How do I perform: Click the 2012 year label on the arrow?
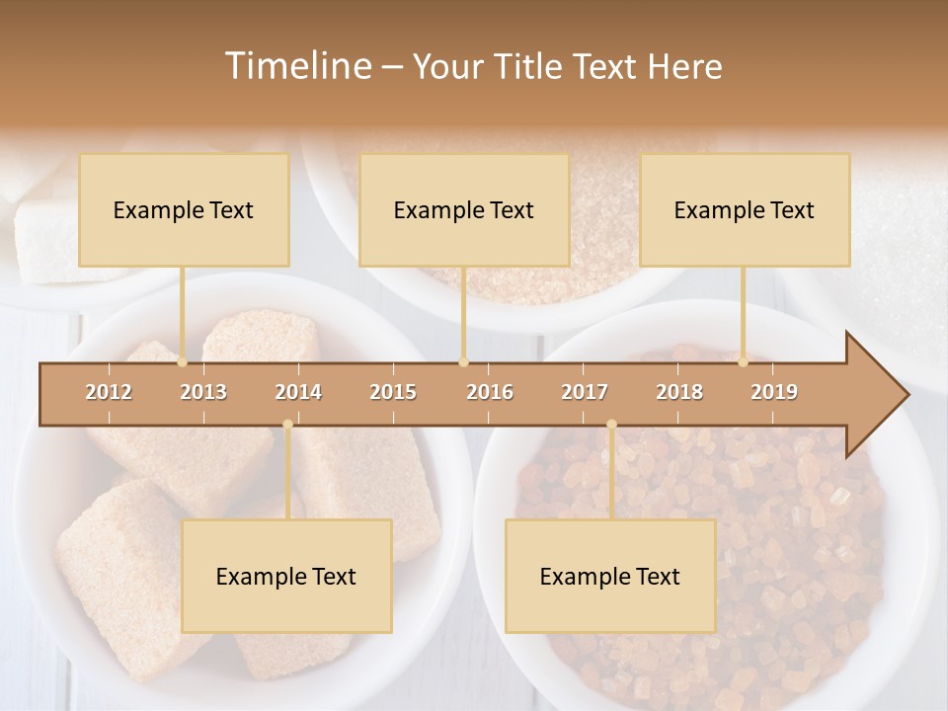pos(109,392)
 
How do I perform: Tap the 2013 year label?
pos(203,392)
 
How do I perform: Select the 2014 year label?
pos(298,392)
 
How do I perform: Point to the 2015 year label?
pos(393,392)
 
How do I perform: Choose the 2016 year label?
pos(490,392)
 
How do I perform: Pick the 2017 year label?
pos(585,392)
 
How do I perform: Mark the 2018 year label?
pos(679,392)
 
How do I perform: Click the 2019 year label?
pos(774,392)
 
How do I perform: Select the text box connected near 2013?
pos(184,210)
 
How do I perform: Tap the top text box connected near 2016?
pos(464,210)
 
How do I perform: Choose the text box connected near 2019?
pos(745,210)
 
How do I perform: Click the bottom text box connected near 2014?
pos(286,577)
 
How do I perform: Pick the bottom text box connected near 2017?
pos(610,577)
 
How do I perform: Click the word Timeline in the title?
pos(296,66)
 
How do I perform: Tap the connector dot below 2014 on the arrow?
pos(287,425)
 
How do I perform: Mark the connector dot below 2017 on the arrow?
pos(611,425)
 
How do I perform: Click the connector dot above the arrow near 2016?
pos(463,361)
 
